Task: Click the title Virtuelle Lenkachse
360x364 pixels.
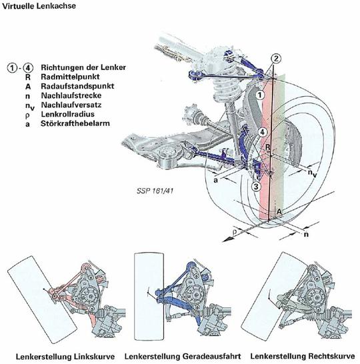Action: tap(39, 6)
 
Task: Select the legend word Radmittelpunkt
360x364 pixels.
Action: tap(70, 77)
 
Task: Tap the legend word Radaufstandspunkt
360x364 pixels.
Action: tap(77, 86)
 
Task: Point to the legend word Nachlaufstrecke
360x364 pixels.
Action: tap(71, 95)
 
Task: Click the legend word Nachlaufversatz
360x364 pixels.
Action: tap(71, 105)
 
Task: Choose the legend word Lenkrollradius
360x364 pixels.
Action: tap(68, 114)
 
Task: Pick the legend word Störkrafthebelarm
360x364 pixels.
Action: tap(75, 123)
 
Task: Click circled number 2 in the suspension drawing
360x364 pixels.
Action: tap(276, 59)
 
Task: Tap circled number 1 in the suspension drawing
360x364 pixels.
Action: tap(260, 95)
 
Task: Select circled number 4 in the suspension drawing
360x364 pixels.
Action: tap(262, 132)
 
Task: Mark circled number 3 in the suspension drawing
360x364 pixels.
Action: tap(256, 186)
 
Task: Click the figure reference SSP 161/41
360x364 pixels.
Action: tap(155, 191)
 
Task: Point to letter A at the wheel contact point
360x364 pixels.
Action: tap(279, 211)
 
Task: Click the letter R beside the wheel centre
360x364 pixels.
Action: tap(268, 147)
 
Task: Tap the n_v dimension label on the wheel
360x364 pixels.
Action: tap(312, 173)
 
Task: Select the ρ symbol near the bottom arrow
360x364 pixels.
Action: tap(235, 231)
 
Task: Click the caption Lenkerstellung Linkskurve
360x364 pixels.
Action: tap(65, 357)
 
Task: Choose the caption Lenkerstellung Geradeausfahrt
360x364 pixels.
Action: tap(183, 356)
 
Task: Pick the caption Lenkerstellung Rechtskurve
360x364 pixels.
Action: tap(303, 356)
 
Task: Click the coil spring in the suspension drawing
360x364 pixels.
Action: tap(226, 87)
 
